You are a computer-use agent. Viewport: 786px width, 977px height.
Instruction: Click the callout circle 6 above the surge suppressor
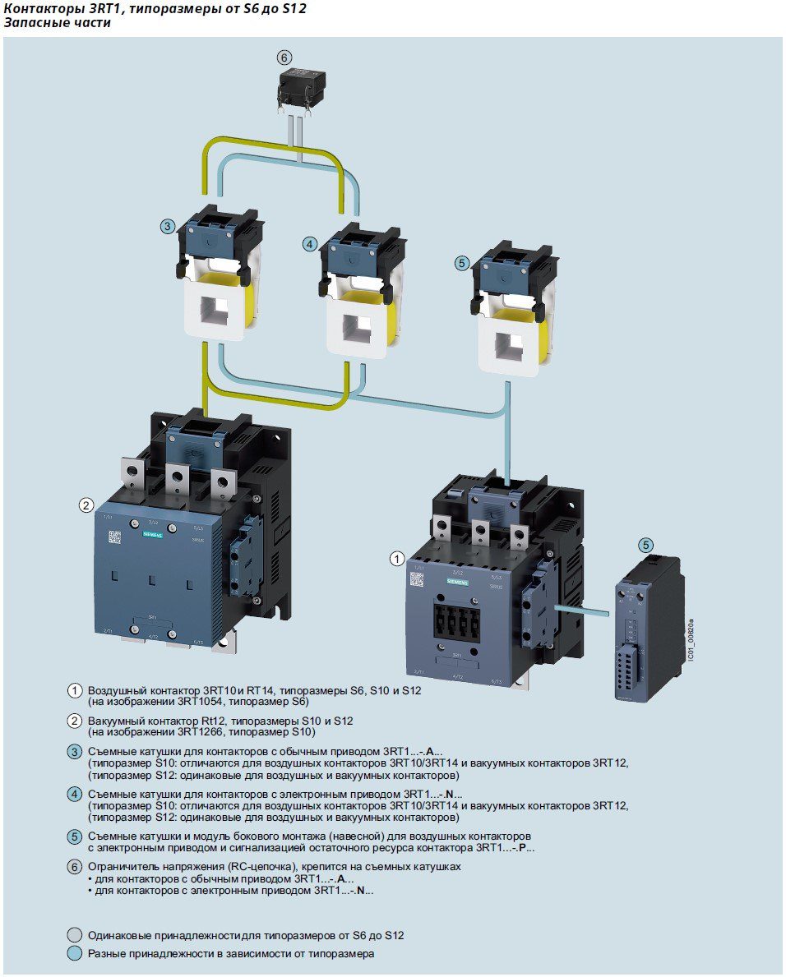(x=284, y=58)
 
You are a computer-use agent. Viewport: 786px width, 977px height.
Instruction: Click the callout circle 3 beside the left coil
(x=167, y=226)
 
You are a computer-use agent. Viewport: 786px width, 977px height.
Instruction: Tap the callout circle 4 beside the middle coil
(x=308, y=243)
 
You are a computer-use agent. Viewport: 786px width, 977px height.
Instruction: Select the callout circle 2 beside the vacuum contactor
(x=86, y=505)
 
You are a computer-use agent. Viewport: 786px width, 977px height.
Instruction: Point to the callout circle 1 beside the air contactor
(x=397, y=560)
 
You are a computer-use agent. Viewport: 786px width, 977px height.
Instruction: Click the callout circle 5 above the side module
(x=647, y=545)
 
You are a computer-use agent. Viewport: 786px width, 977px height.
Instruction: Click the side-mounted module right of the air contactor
(x=649, y=629)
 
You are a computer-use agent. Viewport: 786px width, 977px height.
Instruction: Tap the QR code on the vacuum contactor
(x=115, y=537)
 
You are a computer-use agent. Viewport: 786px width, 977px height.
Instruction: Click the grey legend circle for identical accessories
(x=74, y=936)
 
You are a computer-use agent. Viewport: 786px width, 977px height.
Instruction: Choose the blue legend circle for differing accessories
(x=74, y=954)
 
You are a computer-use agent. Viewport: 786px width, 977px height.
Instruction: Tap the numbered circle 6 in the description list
(x=74, y=867)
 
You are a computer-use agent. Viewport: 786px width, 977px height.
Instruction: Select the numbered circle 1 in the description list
(x=75, y=691)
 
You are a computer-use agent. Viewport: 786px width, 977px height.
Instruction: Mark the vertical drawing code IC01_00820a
(x=691, y=636)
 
